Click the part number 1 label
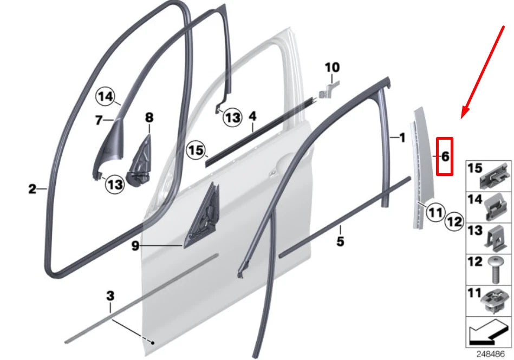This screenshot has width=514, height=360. click(x=401, y=138)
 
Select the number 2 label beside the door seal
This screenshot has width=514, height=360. click(x=32, y=189)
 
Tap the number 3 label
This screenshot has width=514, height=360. click(x=110, y=296)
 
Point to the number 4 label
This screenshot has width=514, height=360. click(x=252, y=116)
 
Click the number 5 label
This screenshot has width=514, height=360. click(x=340, y=241)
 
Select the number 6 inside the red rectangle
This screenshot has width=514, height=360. click(x=444, y=156)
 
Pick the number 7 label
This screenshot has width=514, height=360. click(x=99, y=120)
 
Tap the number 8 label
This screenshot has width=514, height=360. click(x=149, y=117)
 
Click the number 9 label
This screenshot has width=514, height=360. click(x=135, y=246)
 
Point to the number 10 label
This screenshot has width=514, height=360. click(x=332, y=68)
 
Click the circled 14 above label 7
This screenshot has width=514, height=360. click(x=107, y=97)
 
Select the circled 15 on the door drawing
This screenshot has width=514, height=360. click(x=197, y=150)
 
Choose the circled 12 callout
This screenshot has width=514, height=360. click(x=454, y=221)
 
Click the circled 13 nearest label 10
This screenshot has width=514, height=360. click(x=232, y=117)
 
